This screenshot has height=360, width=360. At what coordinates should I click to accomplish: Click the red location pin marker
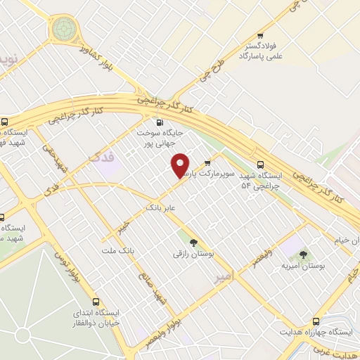[x=181, y=166]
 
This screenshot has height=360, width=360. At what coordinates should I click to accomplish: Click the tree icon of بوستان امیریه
[x=303, y=255]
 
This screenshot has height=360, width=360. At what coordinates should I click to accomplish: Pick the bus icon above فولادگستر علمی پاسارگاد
[x=259, y=36]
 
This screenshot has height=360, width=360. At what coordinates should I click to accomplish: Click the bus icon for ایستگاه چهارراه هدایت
[x=316, y=320]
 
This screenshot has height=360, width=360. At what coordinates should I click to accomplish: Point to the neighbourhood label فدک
[x=103, y=159]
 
